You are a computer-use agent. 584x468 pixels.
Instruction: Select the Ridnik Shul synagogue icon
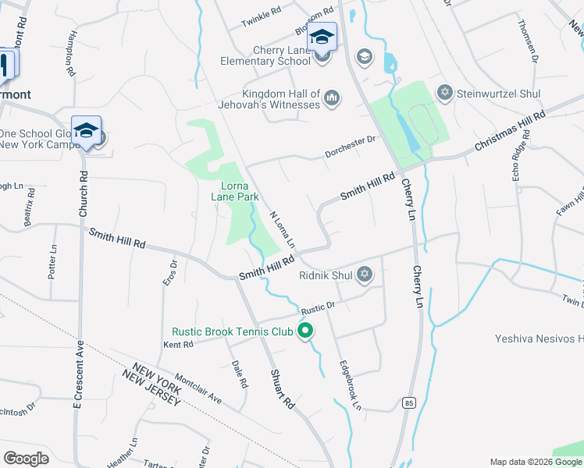click(x=364, y=275)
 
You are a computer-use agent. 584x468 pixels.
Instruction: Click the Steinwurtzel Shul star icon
click(x=445, y=93)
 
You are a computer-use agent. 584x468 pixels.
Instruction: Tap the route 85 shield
click(x=408, y=402)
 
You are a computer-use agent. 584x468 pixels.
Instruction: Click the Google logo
click(x=27, y=458)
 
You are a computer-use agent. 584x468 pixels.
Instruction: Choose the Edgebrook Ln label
click(x=351, y=385)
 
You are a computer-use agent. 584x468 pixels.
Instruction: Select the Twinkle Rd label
click(x=261, y=16)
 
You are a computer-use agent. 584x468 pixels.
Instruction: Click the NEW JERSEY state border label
click(x=152, y=389)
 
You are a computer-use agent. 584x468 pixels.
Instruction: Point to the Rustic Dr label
click(x=319, y=307)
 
